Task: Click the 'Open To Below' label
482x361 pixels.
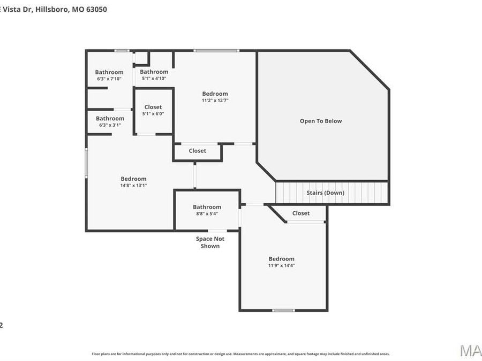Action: pyautogui.click(x=320, y=121)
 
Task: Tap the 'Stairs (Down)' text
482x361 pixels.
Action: pyautogui.click(x=325, y=193)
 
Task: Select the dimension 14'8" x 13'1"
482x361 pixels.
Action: pyautogui.click(x=133, y=186)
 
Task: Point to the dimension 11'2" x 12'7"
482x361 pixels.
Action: pyautogui.click(x=215, y=101)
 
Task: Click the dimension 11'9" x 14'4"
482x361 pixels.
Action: pyautogui.click(x=281, y=265)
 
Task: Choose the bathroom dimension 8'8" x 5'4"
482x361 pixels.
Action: pyautogui.click(x=207, y=214)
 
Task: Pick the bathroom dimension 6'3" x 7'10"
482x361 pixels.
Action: pyautogui.click(x=109, y=79)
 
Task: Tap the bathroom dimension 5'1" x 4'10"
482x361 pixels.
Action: pyautogui.click(x=154, y=79)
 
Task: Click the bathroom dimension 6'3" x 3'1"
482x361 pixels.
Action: pyautogui.click(x=110, y=125)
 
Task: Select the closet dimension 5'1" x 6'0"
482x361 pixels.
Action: pyautogui.click(x=153, y=113)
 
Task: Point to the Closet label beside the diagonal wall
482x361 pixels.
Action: pyautogui.click(x=300, y=213)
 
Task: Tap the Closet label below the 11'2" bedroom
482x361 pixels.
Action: pyautogui.click(x=197, y=151)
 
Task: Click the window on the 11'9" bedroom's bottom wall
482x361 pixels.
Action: pyautogui.click(x=283, y=310)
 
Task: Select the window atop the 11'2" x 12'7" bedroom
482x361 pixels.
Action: pyautogui.click(x=216, y=51)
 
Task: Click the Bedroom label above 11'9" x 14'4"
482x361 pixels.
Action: pyautogui.click(x=281, y=259)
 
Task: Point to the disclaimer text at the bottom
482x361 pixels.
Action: pyautogui.click(x=240, y=354)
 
